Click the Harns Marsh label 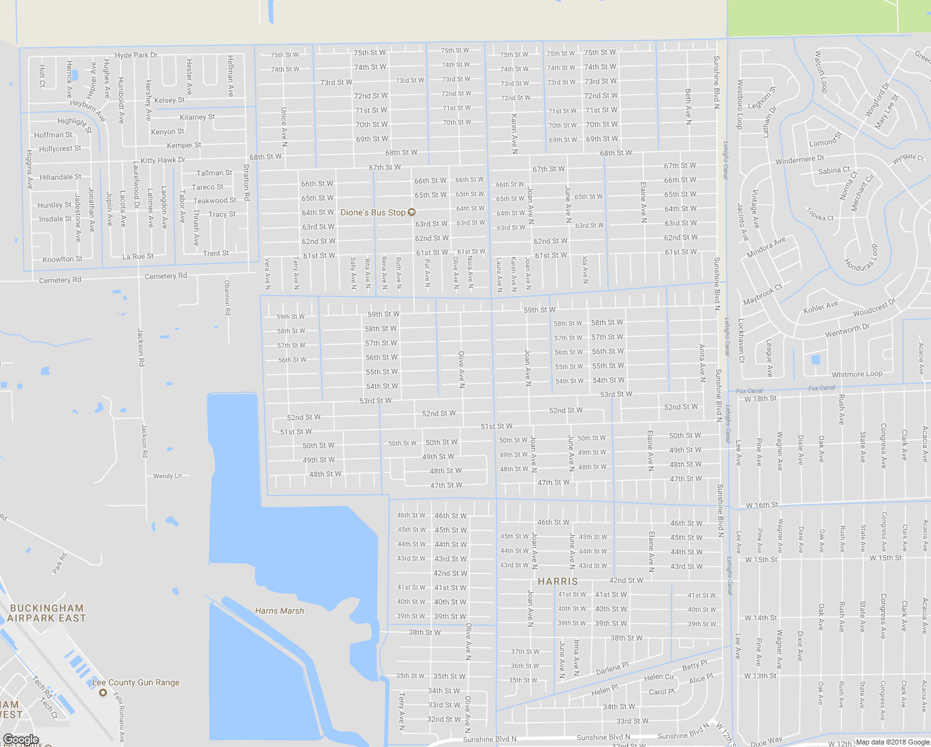point(279,611)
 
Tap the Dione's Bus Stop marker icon point(411,213)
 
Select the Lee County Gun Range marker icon point(103,692)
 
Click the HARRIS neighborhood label point(558,581)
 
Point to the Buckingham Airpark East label point(47,613)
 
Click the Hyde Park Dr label point(136,55)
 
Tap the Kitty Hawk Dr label point(163,160)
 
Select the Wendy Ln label point(167,476)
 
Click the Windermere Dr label point(800,160)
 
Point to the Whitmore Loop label point(857,374)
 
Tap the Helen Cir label point(659,677)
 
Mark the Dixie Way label point(766,741)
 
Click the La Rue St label point(138,256)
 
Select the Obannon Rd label point(227,297)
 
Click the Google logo point(21,740)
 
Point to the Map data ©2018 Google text point(891,742)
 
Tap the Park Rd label point(60,563)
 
